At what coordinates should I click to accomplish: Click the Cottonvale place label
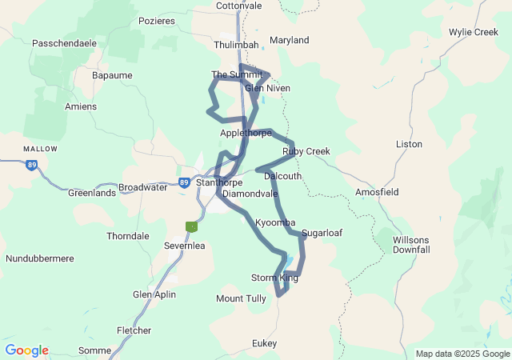tap(239, 5)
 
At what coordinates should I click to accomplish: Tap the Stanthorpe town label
tap(219, 182)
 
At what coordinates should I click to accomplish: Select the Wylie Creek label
tap(473, 32)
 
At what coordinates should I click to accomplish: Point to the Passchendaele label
tap(64, 43)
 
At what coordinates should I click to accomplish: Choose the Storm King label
tap(274, 278)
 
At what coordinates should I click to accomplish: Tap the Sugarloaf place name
tap(322, 233)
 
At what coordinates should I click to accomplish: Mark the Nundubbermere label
tap(40, 258)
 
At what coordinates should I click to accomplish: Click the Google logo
tap(26, 350)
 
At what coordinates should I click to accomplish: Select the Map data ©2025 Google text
tap(462, 354)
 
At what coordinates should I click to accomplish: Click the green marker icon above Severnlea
tap(191, 227)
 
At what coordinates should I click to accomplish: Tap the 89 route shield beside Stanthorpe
tap(184, 182)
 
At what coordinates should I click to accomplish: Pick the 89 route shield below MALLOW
tap(31, 165)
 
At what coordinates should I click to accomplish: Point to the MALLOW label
tap(40, 149)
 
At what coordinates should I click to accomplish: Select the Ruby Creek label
tap(306, 151)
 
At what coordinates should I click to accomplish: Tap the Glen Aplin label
tap(154, 294)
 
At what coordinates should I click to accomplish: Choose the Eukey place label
tap(264, 343)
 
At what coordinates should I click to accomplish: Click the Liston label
tap(409, 144)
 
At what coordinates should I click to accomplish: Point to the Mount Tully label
tap(241, 298)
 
